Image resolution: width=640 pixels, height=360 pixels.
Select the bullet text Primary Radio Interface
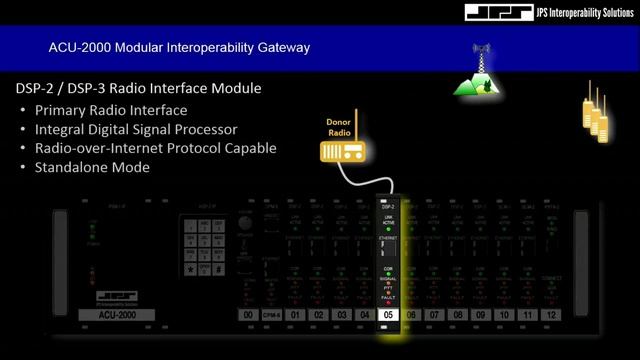(x=110, y=110)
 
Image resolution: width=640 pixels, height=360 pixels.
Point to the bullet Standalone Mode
(x=92, y=167)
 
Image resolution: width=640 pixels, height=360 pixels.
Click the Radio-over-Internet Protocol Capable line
(x=155, y=148)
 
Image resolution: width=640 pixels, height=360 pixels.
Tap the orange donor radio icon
(x=338, y=149)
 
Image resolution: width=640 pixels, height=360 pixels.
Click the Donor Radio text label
(x=338, y=126)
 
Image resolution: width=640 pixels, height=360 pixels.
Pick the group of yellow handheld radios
(x=597, y=110)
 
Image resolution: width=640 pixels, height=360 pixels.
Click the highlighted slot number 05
(x=390, y=315)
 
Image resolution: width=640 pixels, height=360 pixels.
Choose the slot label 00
(x=247, y=315)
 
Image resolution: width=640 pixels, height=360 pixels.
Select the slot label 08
(x=458, y=315)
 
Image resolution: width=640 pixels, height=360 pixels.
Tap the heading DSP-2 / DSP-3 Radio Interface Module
(x=138, y=88)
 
